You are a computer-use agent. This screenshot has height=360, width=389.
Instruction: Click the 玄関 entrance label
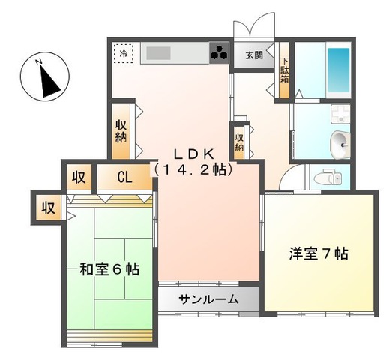[254, 55]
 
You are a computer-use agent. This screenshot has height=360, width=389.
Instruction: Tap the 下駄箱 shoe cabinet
[284, 70]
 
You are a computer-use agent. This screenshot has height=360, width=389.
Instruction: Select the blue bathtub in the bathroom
[338, 70]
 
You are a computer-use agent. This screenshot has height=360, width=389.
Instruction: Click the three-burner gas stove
[219, 52]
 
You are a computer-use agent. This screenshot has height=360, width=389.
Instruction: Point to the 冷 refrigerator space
[124, 53]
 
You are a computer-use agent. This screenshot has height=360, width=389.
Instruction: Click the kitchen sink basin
[158, 53]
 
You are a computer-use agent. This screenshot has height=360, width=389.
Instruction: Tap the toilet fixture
[328, 177]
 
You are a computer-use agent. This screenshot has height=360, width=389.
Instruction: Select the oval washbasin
[340, 144]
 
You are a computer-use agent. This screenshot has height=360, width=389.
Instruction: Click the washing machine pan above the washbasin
[340, 114]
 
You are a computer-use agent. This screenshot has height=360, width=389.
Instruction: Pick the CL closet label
[124, 178]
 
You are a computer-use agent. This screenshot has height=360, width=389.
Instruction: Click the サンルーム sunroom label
[208, 299]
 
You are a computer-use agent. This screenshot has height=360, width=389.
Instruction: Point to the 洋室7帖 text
[319, 253]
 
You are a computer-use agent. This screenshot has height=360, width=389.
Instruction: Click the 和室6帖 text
[109, 269]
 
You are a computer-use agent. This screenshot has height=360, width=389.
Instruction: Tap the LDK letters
[194, 154]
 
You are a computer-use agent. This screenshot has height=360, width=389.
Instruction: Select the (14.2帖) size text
[193, 169]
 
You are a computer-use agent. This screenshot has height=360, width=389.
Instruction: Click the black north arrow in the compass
[49, 81]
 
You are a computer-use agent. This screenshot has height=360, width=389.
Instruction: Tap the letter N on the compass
[38, 61]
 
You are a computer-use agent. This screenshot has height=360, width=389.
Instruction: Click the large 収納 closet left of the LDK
[121, 131]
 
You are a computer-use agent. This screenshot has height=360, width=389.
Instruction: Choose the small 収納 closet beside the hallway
[239, 142]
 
